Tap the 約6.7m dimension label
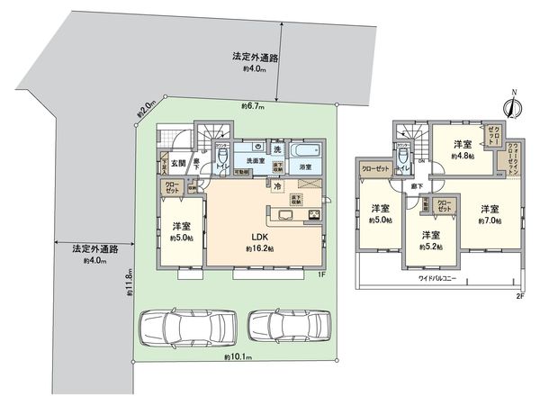point(252,106)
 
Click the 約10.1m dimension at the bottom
point(238,357)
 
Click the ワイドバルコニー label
point(436,279)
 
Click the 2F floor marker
point(520,296)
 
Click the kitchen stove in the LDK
point(314,214)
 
